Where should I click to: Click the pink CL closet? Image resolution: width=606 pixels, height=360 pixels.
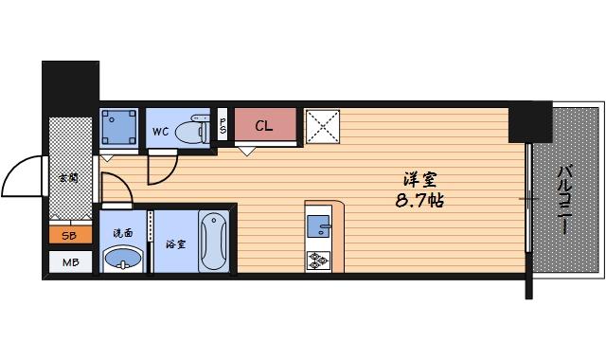(x=266, y=126)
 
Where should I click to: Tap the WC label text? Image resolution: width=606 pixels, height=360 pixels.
(x=161, y=132)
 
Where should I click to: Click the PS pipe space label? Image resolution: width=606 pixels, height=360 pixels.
(x=223, y=125)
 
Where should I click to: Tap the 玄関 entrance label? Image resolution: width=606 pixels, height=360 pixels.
(x=68, y=178)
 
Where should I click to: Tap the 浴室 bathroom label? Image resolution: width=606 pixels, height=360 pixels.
(x=175, y=243)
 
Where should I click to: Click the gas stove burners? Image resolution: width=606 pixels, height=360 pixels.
(x=317, y=259)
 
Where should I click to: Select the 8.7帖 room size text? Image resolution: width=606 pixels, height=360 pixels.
(x=418, y=201)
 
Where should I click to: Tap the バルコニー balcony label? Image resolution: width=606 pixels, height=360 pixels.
(x=564, y=200)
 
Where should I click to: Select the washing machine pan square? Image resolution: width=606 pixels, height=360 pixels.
(x=119, y=125)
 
